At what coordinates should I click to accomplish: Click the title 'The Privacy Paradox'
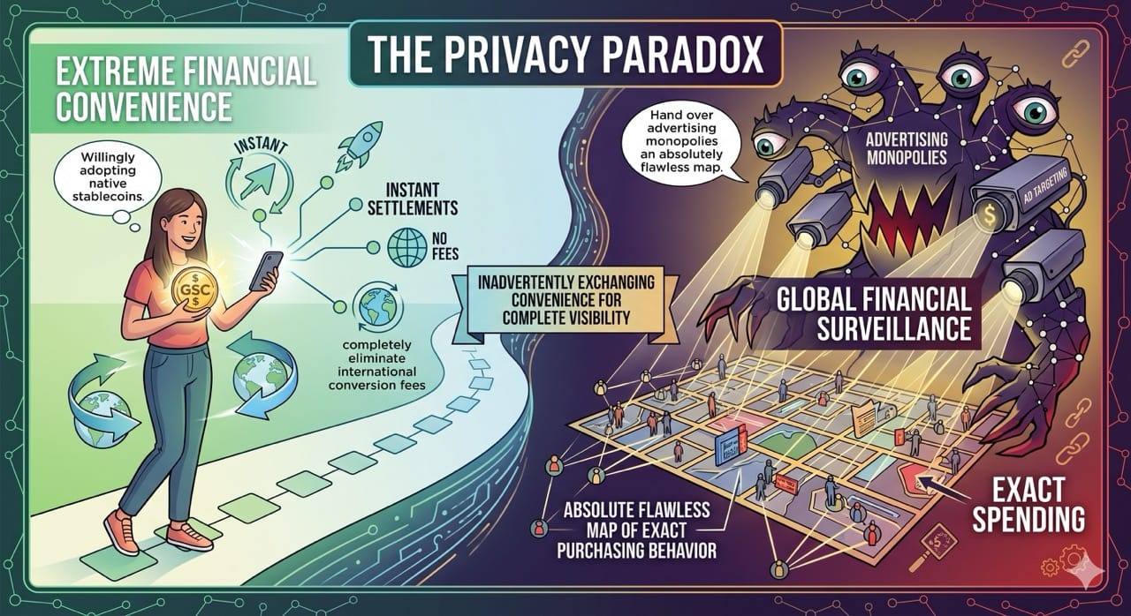click(x=565, y=54)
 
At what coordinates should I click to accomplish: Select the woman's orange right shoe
click(x=189, y=533)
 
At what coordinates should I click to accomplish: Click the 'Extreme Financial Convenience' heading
click(x=168, y=89)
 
